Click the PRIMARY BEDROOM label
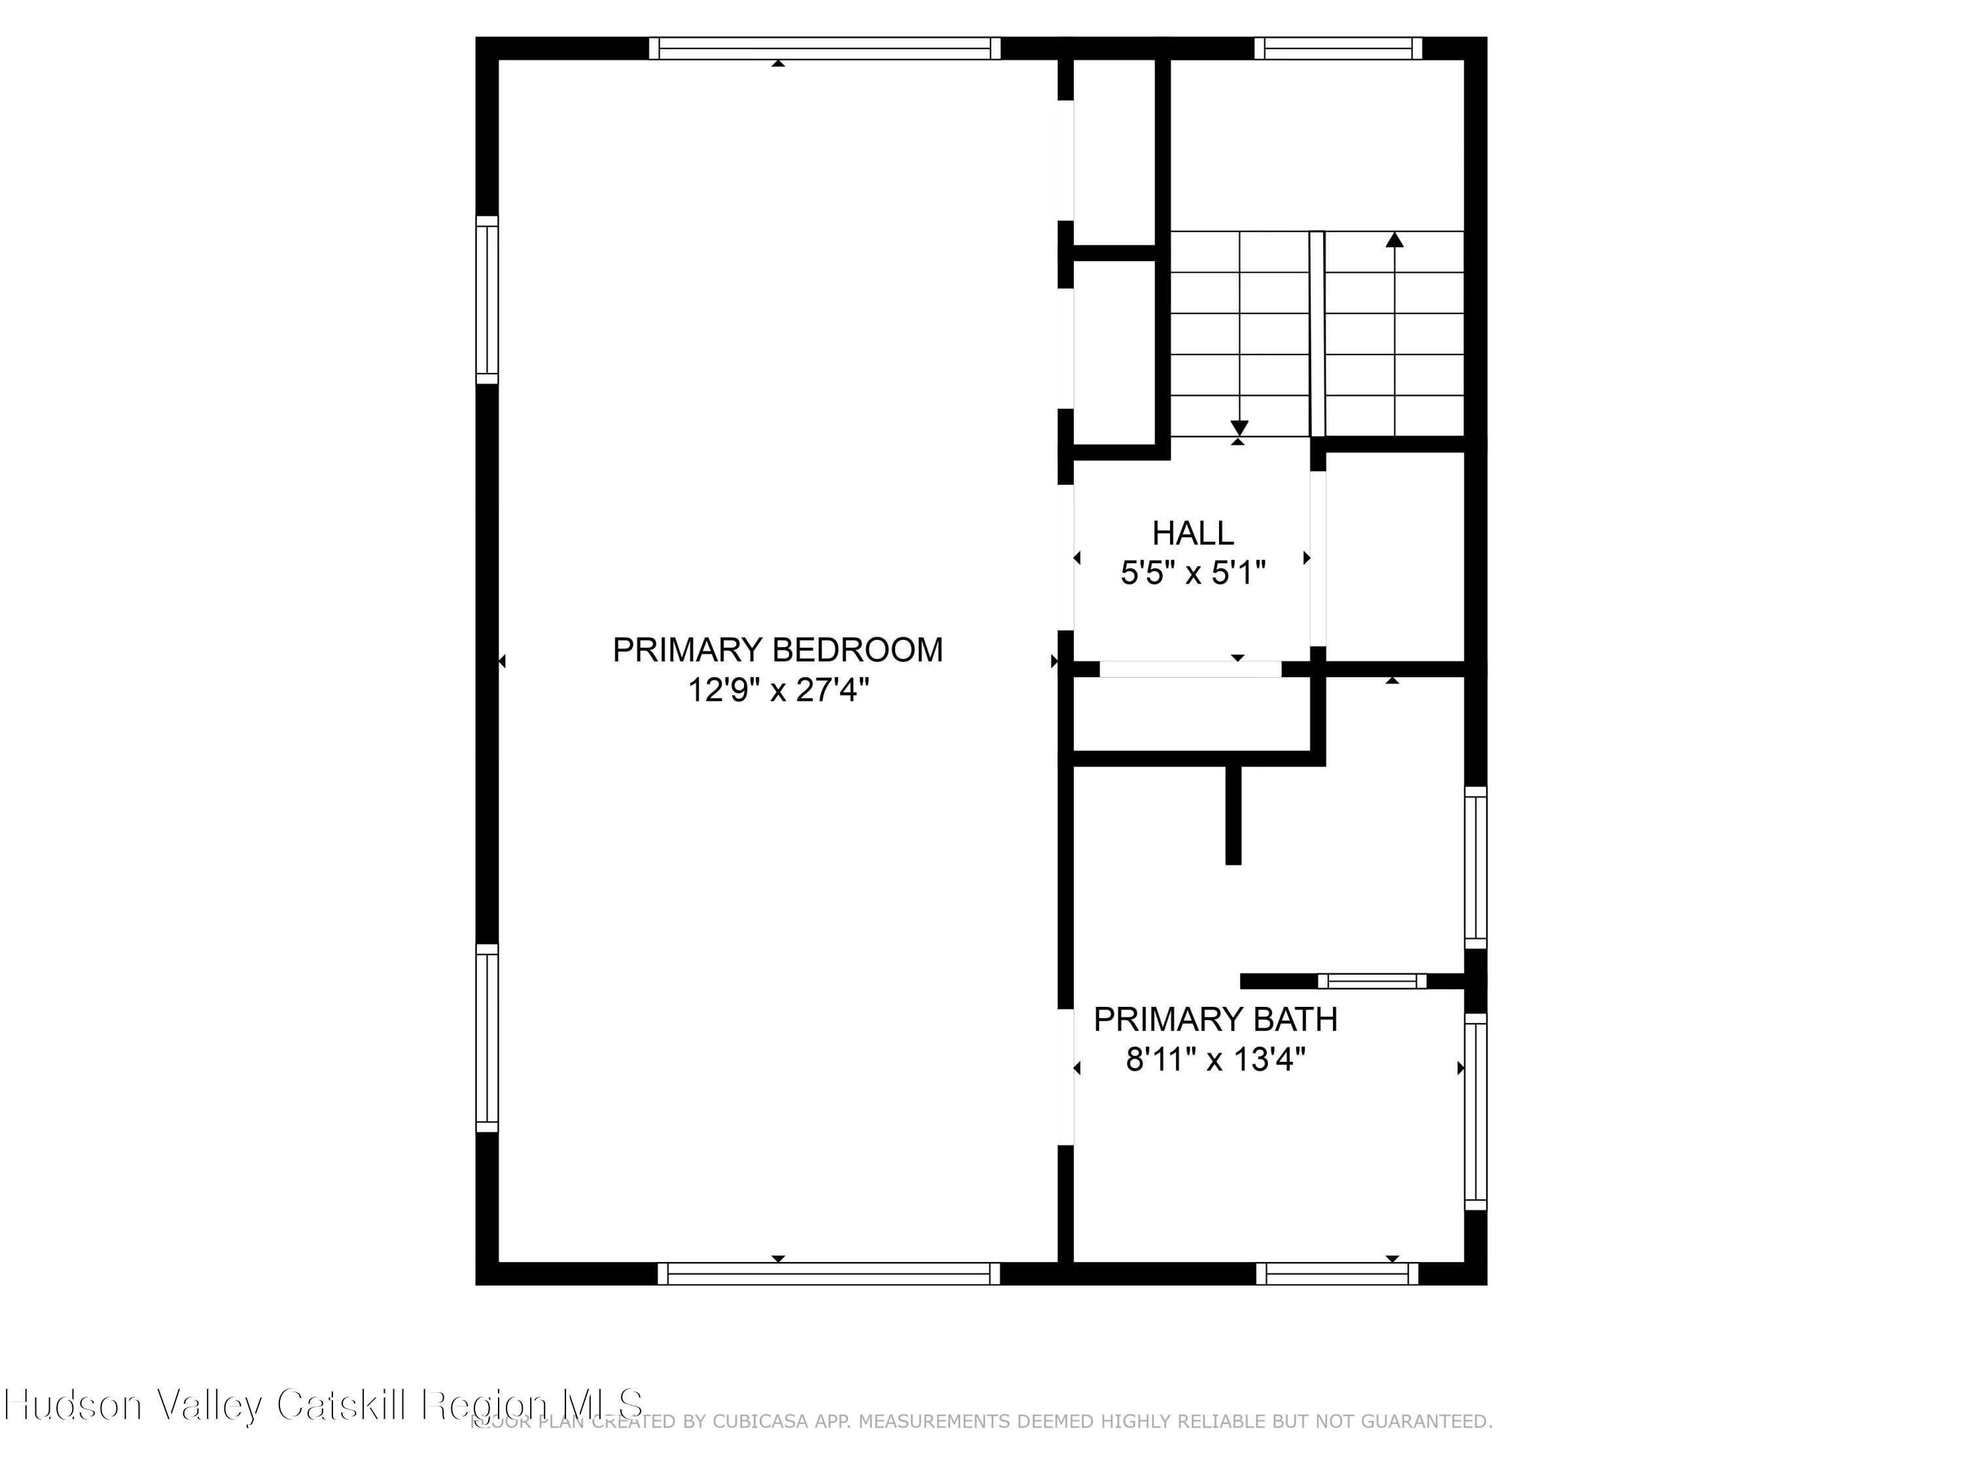[x=777, y=650]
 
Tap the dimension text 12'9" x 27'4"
[x=777, y=690]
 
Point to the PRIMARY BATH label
[x=1215, y=1019]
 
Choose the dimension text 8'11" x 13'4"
[x=1215, y=1059]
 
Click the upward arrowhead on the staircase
[x=1395, y=239]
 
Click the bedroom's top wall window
[x=824, y=48]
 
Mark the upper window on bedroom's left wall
[x=487, y=300]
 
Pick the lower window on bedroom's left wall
[x=487, y=1038]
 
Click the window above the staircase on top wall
[x=1337, y=48]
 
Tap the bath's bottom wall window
[x=1336, y=1273]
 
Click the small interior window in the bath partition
[x=1372, y=981]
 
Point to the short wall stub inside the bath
[x=1233, y=815]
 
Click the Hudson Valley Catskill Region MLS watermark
[x=324, y=1404]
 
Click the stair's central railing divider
[x=1317, y=334]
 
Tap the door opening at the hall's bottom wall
[x=1190, y=669]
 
